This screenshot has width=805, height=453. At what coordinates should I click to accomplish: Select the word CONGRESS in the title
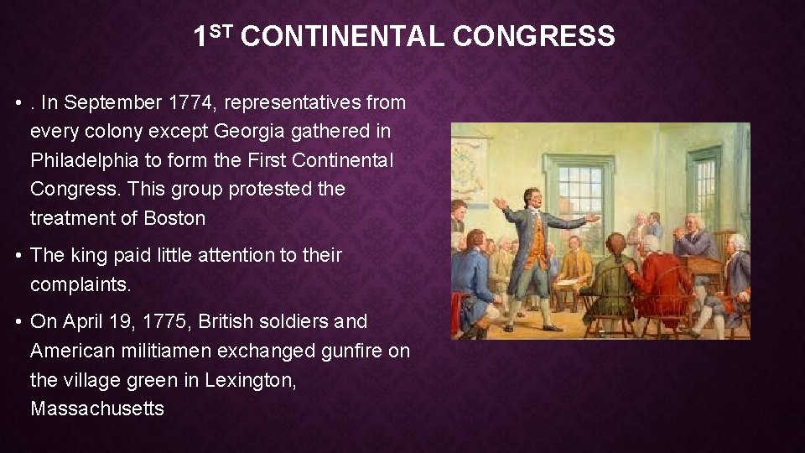[x=533, y=37]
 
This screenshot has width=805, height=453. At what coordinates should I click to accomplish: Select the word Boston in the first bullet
[x=174, y=218]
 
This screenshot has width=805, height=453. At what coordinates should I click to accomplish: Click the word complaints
[x=80, y=284]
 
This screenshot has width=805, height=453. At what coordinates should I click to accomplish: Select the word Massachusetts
[x=97, y=409]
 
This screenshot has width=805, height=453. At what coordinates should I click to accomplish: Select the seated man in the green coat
[x=610, y=285]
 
